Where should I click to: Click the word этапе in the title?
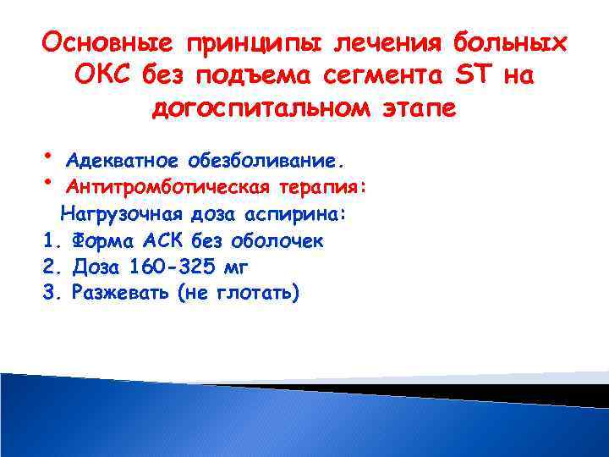coord(415,108)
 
